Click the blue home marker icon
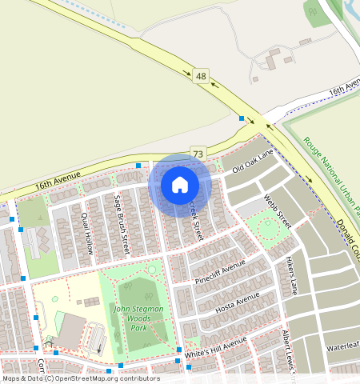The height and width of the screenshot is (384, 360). click(180, 185)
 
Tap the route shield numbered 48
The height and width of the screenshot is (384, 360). click(200, 77)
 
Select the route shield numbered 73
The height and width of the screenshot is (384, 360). click(198, 153)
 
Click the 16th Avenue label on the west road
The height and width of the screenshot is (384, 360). click(58, 184)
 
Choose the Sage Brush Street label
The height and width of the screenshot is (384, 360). click(122, 217)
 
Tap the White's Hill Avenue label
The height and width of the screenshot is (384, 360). click(215, 348)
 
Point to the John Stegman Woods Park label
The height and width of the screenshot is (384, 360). click(138, 318)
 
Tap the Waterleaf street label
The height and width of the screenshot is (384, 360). click(343, 347)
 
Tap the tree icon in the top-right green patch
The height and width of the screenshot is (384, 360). click(311, 11)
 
